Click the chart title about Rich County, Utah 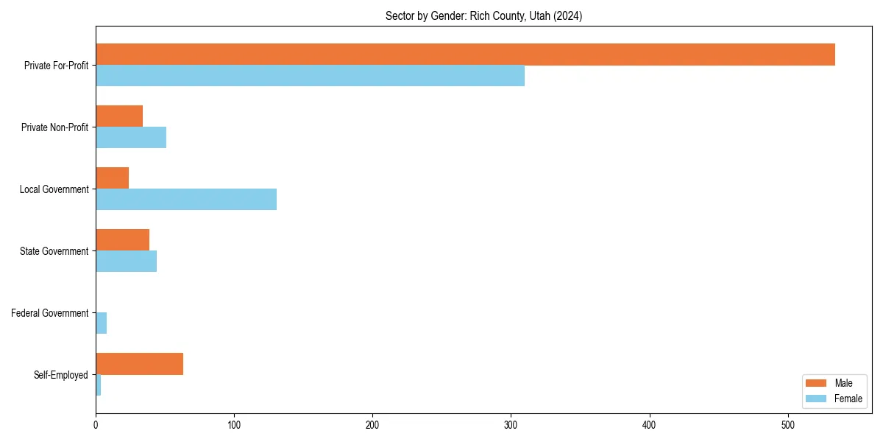pyautogui.click(x=483, y=16)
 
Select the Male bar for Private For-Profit pyautogui.click(x=465, y=55)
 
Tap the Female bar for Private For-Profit pyautogui.click(x=310, y=76)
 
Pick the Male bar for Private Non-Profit pyautogui.click(x=119, y=116)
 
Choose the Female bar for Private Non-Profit pyautogui.click(x=131, y=138)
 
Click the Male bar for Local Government pyautogui.click(x=112, y=178)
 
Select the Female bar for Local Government pyautogui.click(x=186, y=200)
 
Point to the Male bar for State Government pyautogui.click(x=122, y=240)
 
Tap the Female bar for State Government pyautogui.click(x=126, y=262)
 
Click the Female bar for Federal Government pyautogui.click(x=102, y=323)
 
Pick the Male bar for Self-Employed pyautogui.click(x=139, y=364)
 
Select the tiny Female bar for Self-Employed pyautogui.click(x=98, y=385)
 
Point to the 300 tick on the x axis pyautogui.click(x=511, y=425)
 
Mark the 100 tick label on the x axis pyautogui.click(x=234, y=425)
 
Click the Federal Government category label pyautogui.click(x=49, y=313)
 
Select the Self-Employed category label pyautogui.click(x=60, y=375)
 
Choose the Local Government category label pyautogui.click(x=54, y=189)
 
